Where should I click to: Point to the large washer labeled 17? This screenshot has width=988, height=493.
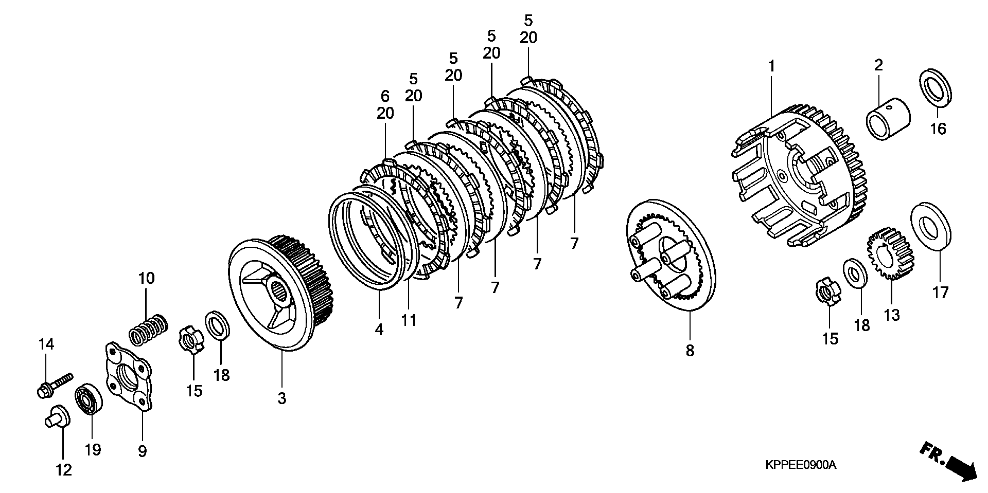(931, 226)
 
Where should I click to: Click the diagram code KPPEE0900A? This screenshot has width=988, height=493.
(800, 466)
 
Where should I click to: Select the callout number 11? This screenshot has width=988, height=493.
(409, 320)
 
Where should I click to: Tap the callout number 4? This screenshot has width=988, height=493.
(379, 330)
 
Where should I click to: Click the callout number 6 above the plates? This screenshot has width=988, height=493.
(385, 96)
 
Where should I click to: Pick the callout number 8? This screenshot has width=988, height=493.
(690, 351)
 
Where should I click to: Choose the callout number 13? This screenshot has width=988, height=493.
(892, 315)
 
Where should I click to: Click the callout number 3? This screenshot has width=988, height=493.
(281, 398)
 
